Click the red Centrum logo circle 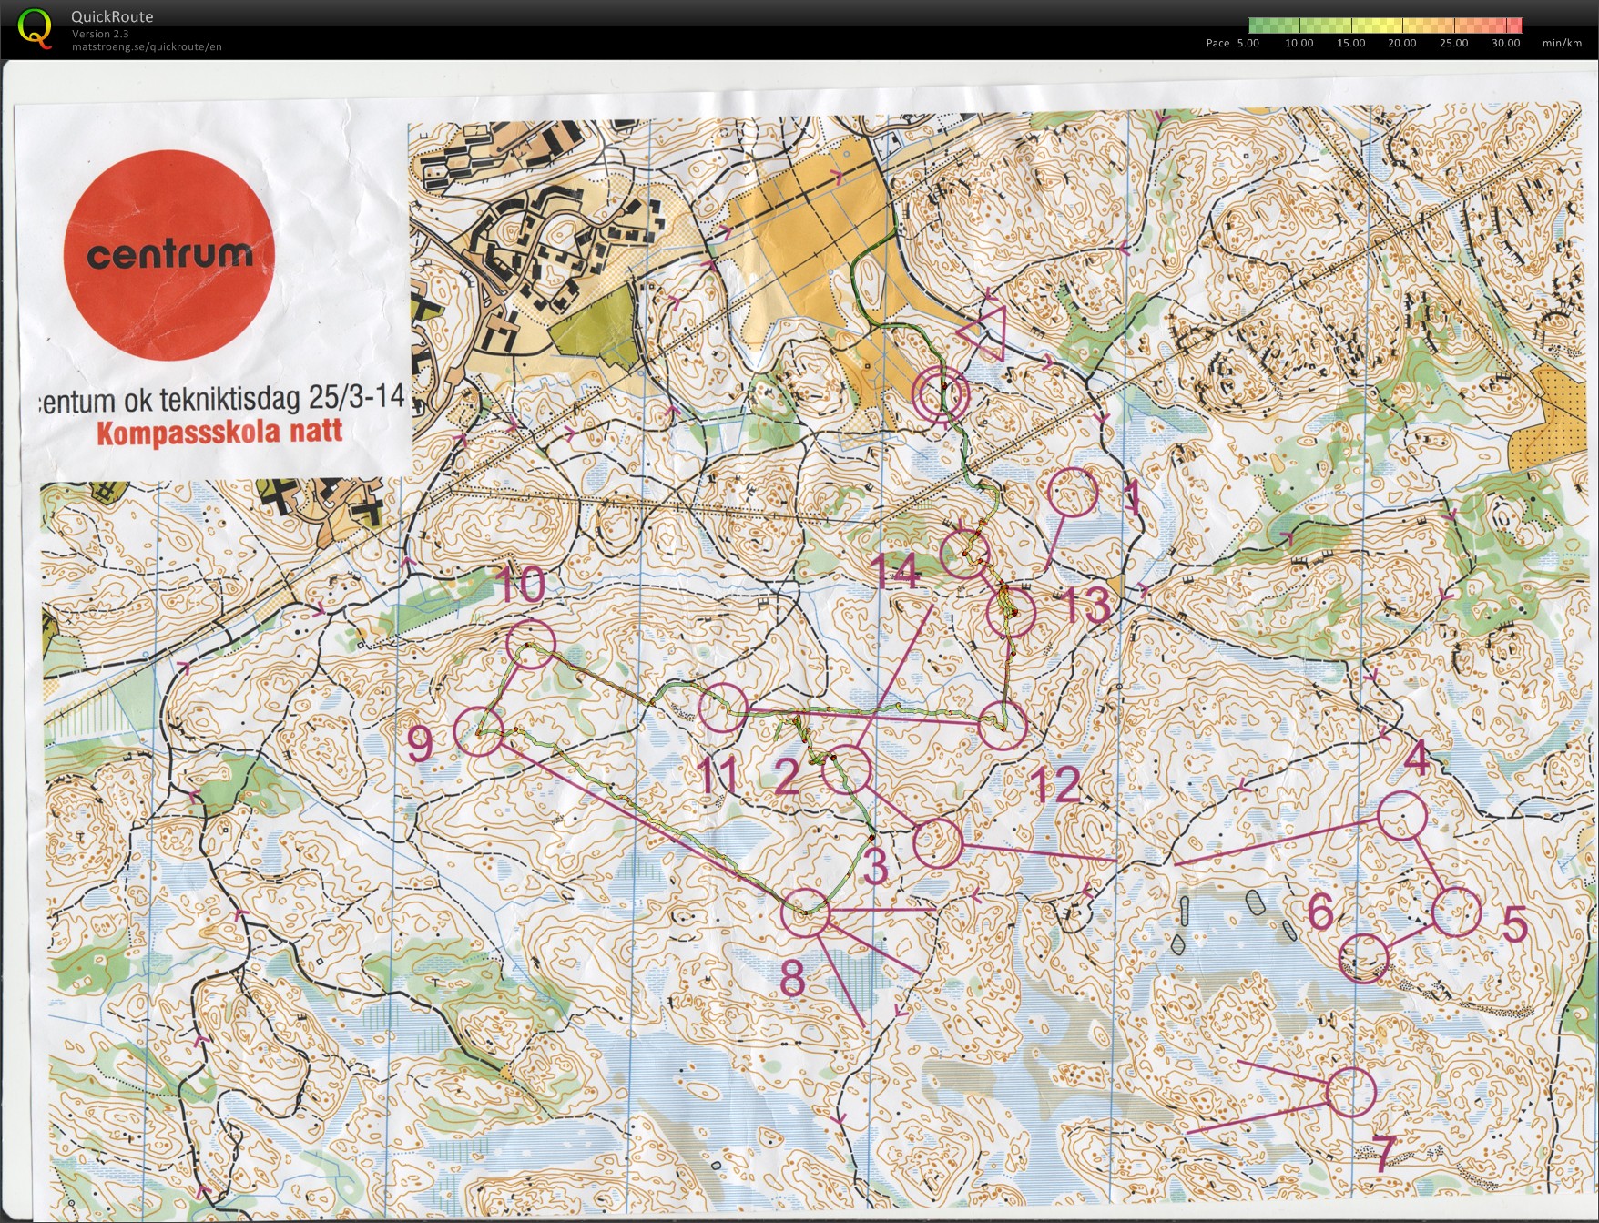click(168, 255)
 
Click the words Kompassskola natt click(219, 432)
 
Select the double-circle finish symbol click(942, 394)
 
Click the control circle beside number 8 click(806, 912)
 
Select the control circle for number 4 click(1401, 815)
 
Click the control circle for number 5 click(1456, 912)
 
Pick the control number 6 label click(1321, 912)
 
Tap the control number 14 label click(895, 573)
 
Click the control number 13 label click(1085, 604)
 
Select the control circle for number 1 click(1074, 493)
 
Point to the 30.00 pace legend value click(1505, 43)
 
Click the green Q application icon click(35, 27)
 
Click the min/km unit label click(1562, 43)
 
